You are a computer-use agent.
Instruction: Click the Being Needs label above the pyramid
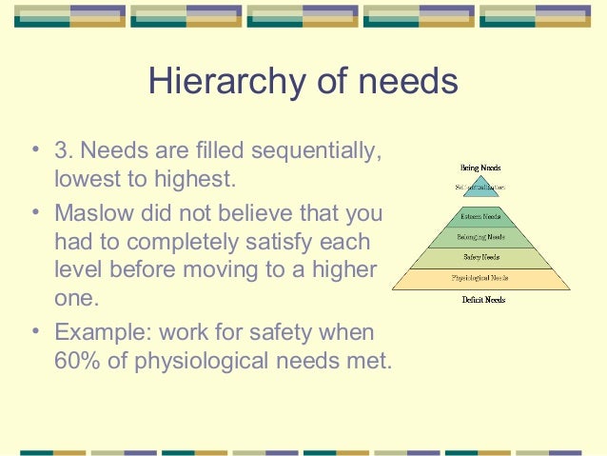pyautogui.click(x=481, y=168)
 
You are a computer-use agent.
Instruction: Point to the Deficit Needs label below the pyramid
pyautogui.click(x=481, y=300)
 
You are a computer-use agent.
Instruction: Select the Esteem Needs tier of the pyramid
pyautogui.click(x=481, y=217)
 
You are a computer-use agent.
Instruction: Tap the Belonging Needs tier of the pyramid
pyautogui.click(x=481, y=237)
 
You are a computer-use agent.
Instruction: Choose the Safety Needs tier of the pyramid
pyautogui.click(x=481, y=258)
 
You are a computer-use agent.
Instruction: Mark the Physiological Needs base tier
pyautogui.click(x=481, y=279)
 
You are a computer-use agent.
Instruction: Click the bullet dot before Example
pyautogui.click(x=35, y=333)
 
